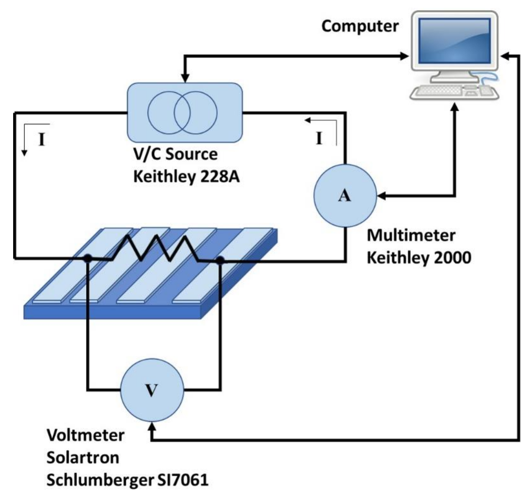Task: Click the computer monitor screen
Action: pos(454,40)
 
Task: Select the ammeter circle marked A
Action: pos(345,195)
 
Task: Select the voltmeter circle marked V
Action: pos(152,390)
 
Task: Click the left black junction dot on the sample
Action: pos(88,258)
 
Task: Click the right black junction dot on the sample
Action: pos(220,260)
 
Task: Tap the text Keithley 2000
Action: pos(419,258)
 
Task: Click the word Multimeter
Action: pos(411,235)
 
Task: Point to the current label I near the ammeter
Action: pos(319,138)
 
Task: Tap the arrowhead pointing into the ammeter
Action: pos(382,196)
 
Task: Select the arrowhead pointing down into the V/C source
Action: pos(185,78)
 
